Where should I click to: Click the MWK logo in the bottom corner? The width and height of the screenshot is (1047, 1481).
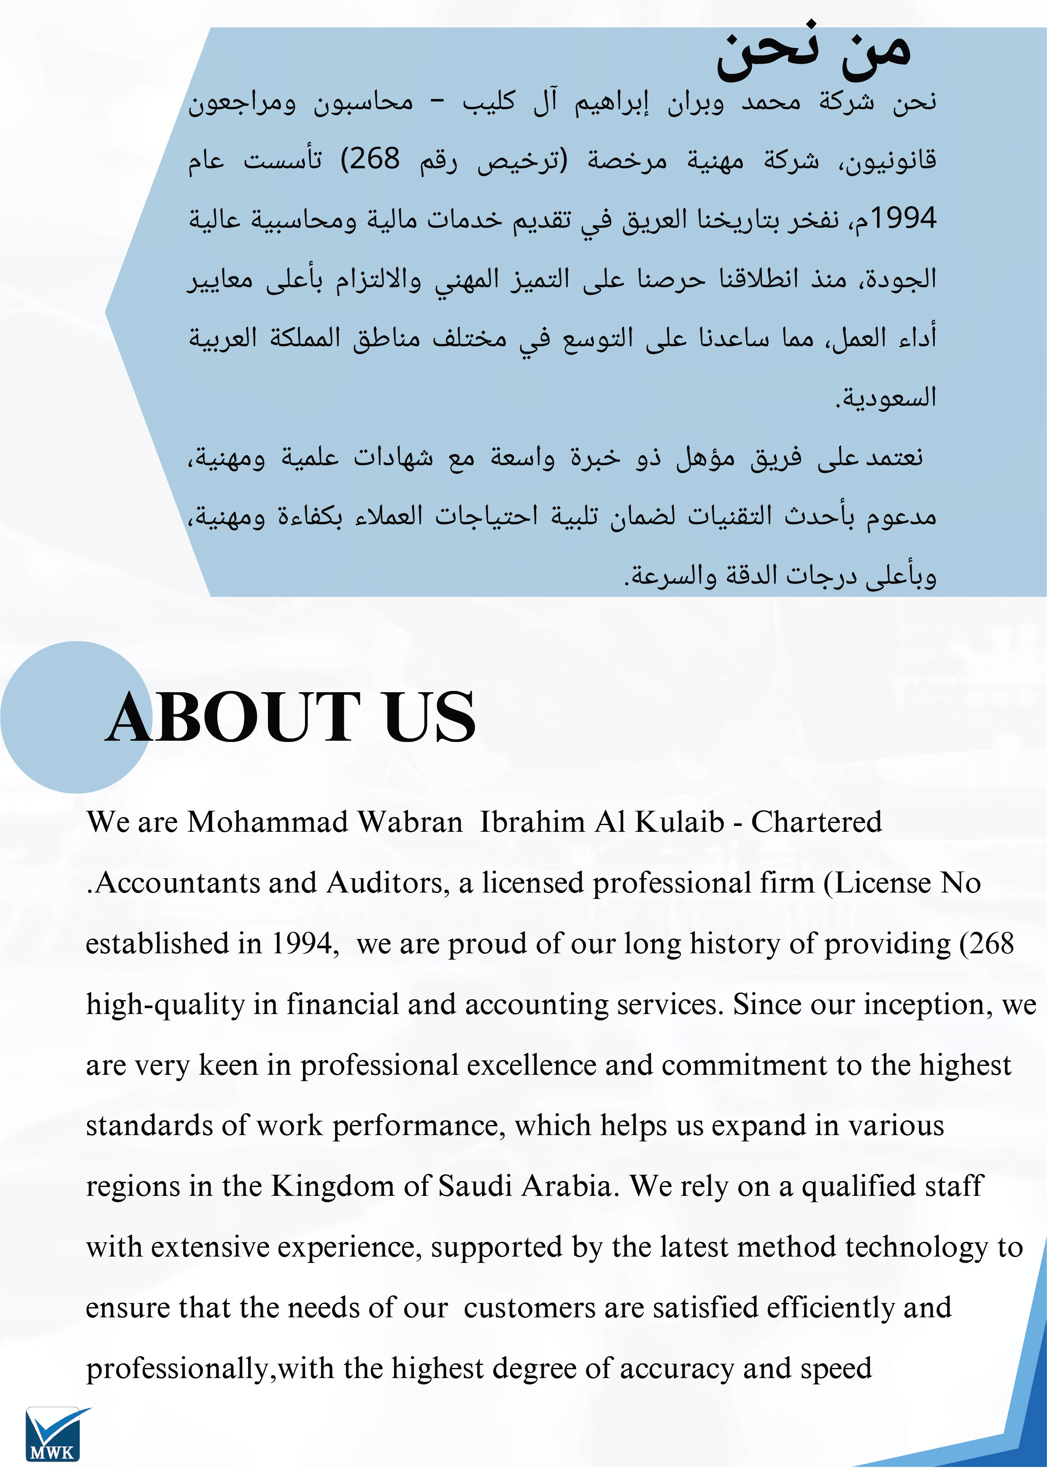click(x=55, y=1433)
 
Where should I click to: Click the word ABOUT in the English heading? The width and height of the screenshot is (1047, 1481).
click(x=232, y=717)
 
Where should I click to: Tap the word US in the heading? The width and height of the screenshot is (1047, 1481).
click(x=429, y=717)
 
